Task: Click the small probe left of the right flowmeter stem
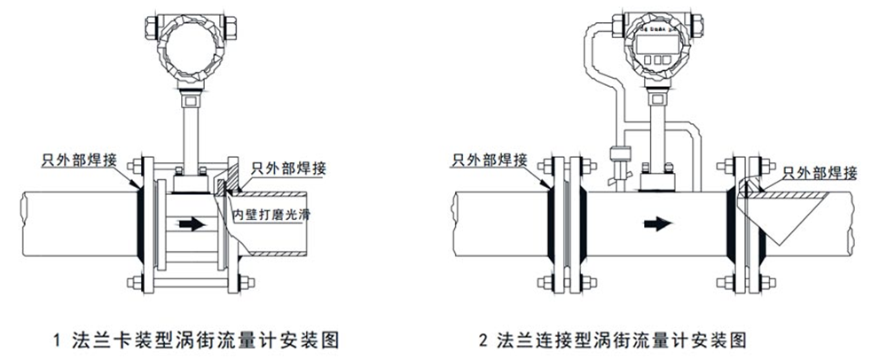[x=619, y=160]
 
